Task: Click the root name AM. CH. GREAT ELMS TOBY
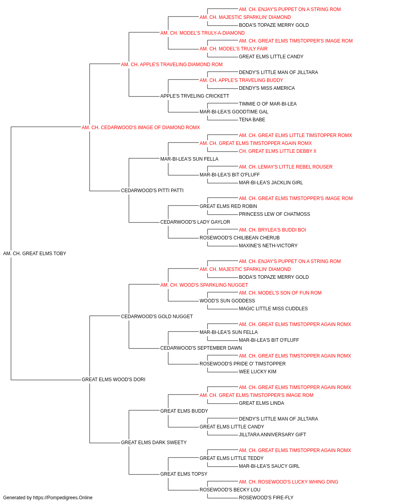coord(35,254)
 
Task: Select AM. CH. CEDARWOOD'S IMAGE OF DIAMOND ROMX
coord(141,128)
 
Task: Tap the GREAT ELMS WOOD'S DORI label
coord(114,380)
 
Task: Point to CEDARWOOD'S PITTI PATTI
coord(152,191)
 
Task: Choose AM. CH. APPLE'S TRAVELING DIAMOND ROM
coord(172,65)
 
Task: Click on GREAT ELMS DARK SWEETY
coord(154,442)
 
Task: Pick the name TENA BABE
coord(252,120)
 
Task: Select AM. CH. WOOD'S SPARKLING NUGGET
coord(204,285)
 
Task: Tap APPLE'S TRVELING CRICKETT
coord(195,96)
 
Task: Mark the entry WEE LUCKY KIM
coord(257,372)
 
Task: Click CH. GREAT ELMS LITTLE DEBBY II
coord(277,151)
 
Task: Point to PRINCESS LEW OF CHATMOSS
coord(274,214)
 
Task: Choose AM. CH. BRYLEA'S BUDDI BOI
coord(272,230)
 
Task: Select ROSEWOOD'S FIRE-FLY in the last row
coord(266,498)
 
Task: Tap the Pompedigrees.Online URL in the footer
coord(63,498)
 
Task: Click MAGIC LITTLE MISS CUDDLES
coord(274,308)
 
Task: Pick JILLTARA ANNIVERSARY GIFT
coord(272,434)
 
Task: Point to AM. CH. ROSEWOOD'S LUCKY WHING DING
coord(288,482)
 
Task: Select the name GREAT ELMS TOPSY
coord(184,474)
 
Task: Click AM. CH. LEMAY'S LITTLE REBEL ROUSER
coord(286,167)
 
